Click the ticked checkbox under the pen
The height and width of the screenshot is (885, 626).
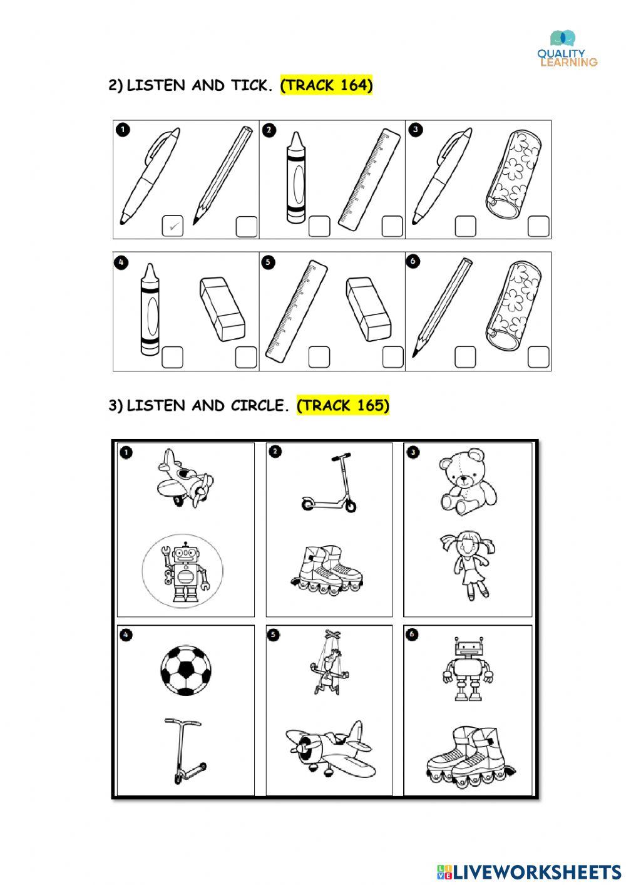[172, 226]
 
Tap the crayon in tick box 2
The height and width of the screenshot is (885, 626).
[295, 178]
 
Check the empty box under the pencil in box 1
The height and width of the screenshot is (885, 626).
[246, 227]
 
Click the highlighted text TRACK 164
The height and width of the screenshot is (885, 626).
[326, 85]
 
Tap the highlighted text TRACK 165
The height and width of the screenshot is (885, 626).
[342, 405]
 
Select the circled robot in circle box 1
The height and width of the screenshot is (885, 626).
[182, 571]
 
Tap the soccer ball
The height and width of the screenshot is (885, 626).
[185, 670]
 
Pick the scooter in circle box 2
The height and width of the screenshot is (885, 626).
[330, 482]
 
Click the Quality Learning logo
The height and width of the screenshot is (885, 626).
[567, 49]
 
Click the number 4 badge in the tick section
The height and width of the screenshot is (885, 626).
[121, 262]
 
